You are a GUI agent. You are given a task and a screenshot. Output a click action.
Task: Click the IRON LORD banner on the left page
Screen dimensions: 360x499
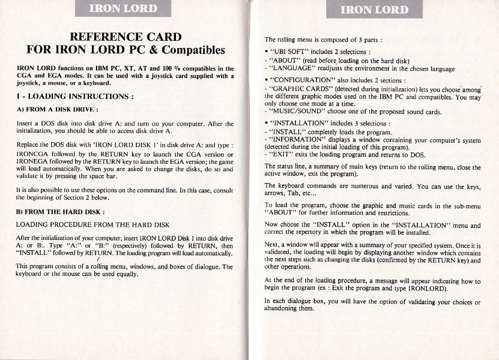pos(124,8)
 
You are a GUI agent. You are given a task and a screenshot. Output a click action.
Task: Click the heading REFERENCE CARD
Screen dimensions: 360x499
pos(126,37)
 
